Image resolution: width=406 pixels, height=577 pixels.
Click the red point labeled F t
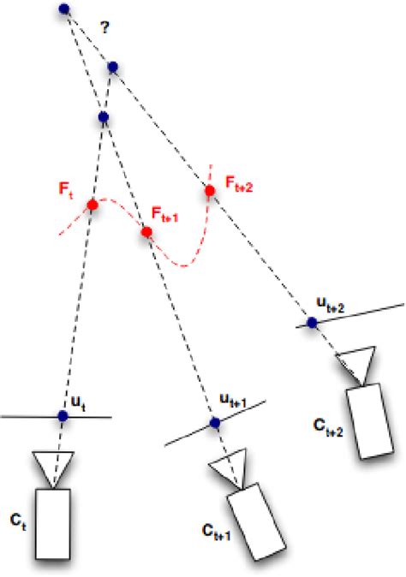click(x=93, y=205)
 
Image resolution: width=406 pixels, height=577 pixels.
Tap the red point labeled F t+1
click(x=146, y=232)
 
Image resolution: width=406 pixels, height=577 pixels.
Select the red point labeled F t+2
click(x=208, y=190)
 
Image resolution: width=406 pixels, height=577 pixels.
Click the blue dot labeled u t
click(x=62, y=415)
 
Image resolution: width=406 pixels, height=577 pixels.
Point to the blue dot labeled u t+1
click(x=214, y=422)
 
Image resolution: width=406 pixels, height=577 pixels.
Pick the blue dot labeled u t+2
click(x=312, y=323)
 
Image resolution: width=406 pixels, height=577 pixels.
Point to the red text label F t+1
click(x=164, y=212)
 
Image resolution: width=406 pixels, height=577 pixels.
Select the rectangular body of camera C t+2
click(x=373, y=419)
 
